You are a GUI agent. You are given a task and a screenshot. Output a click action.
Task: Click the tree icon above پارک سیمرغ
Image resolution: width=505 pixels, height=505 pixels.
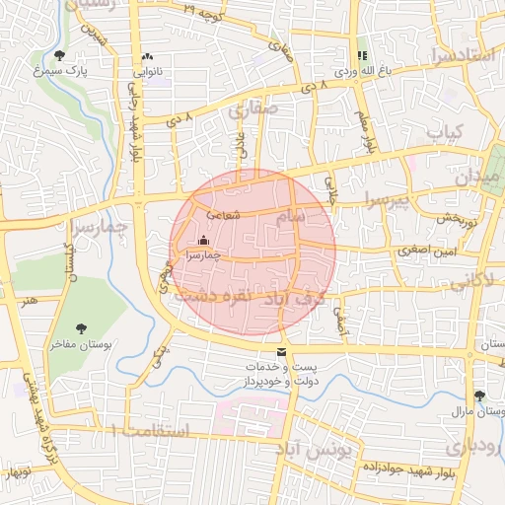click(60, 55)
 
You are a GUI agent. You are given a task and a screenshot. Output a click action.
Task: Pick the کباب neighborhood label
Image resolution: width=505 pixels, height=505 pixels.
click(445, 131)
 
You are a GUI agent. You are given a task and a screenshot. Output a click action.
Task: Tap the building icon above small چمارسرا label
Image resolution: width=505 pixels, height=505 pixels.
click(204, 240)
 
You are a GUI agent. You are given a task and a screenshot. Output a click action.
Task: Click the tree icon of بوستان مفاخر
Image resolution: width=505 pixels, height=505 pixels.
click(81, 328)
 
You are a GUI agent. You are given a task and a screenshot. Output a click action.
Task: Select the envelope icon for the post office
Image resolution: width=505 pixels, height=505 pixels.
click(282, 352)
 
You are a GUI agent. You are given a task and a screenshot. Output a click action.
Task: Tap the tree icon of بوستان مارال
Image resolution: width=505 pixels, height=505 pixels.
click(479, 395)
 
